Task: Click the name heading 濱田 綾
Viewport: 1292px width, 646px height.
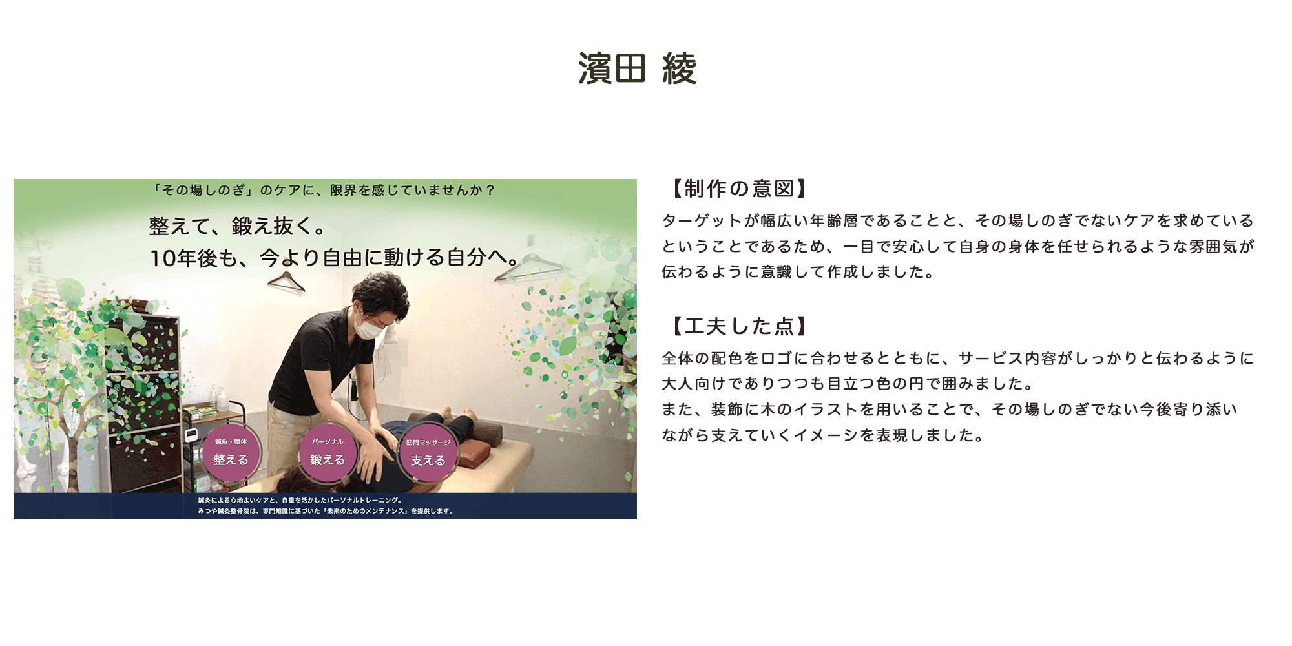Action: tap(637, 68)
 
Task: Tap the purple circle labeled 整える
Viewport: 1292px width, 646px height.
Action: tap(231, 452)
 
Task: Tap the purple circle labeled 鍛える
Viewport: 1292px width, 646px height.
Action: tap(328, 452)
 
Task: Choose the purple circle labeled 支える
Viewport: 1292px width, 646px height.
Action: tap(428, 452)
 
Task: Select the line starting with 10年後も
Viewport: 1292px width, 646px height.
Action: tap(335, 258)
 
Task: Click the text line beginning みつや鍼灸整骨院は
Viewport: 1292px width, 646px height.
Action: tap(326, 511)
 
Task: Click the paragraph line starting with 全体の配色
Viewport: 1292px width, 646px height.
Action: tap(957, 359)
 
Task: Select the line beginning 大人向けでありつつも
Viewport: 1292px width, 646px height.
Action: tap(848, 384)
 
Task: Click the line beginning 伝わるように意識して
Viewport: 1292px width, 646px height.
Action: tap(798, 272)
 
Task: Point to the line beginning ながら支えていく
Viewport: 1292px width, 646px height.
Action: tap(823, 435)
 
